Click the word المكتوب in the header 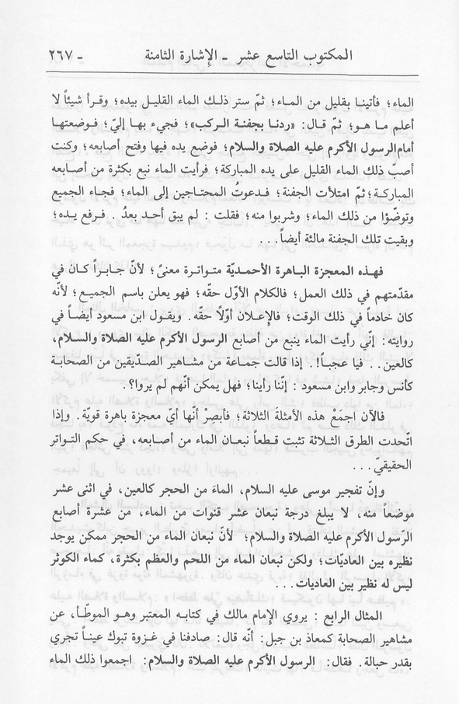coord(381,57)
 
